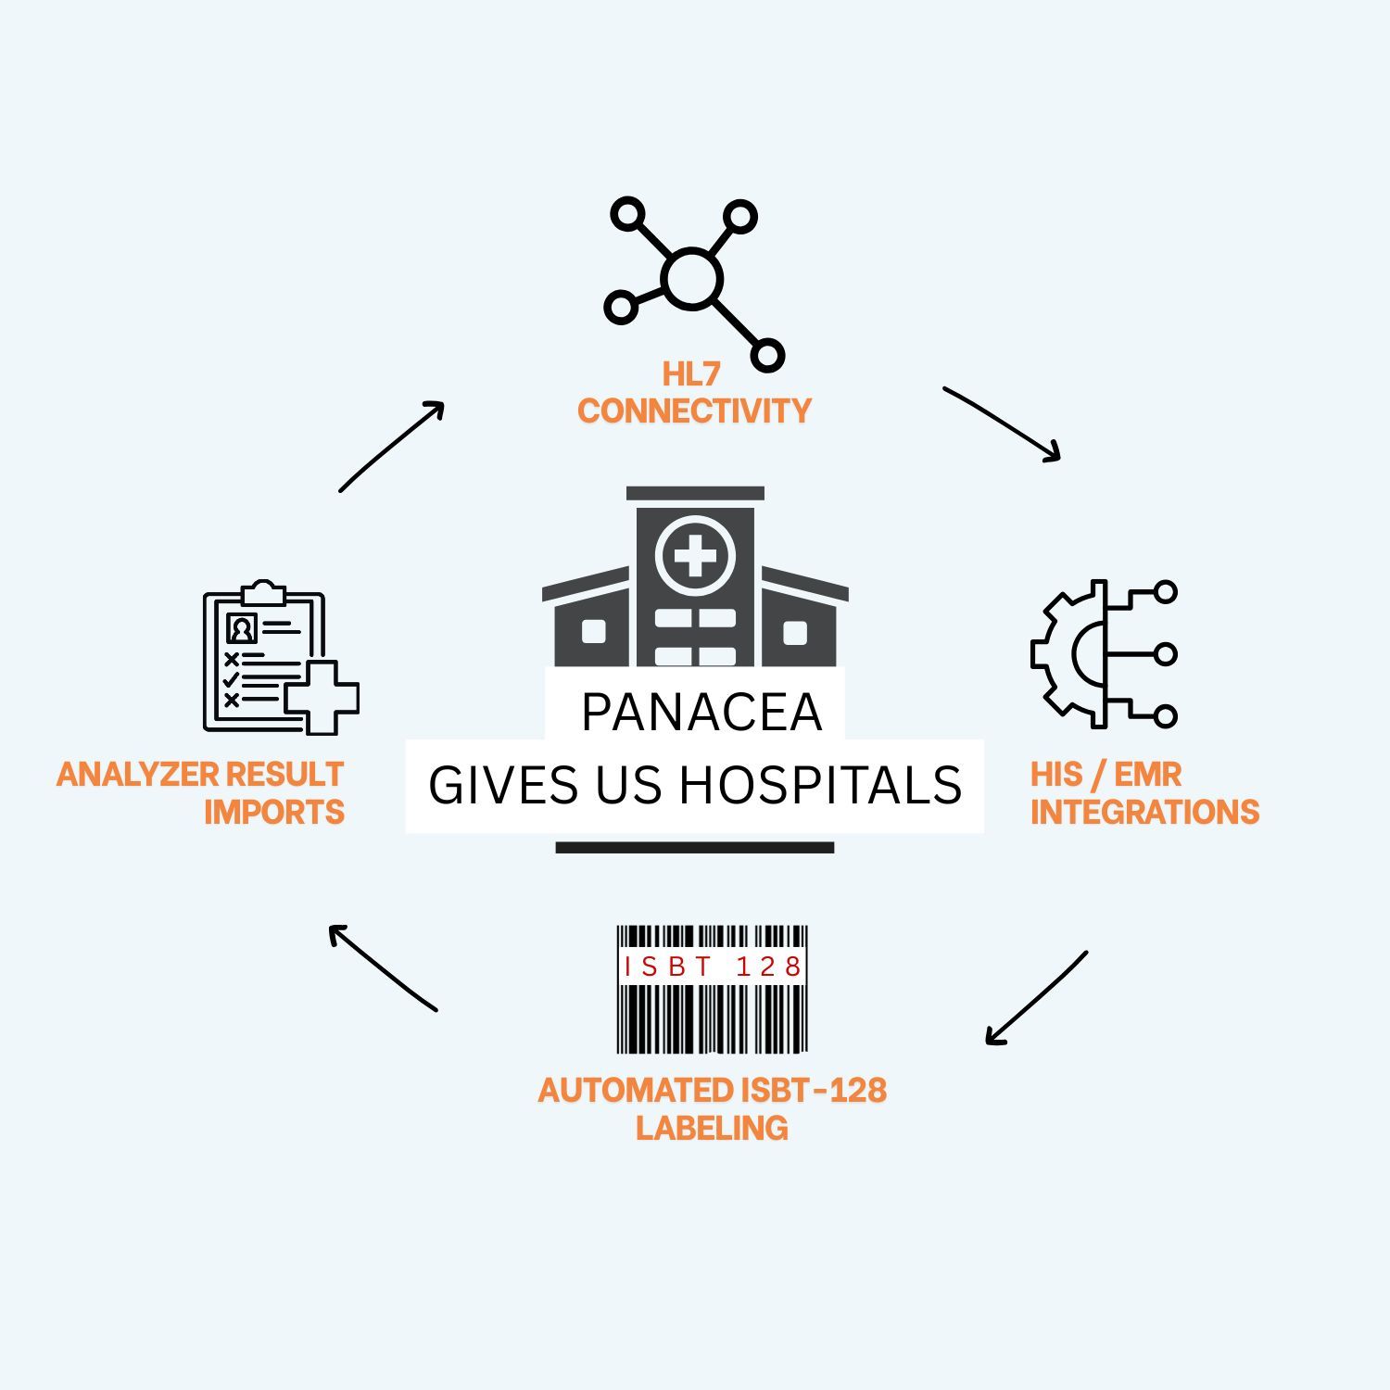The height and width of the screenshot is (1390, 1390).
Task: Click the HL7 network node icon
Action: (x=693, y=280)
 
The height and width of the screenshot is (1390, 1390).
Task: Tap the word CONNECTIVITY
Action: (x=694, y=411)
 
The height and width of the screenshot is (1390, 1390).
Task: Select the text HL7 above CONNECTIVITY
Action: (x=690, y=374)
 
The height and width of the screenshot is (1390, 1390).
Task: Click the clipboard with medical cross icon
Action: (x=278, y=658)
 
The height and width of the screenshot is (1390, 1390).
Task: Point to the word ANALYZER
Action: (x=137, y=774)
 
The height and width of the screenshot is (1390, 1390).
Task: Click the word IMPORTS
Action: (x=274, y=812)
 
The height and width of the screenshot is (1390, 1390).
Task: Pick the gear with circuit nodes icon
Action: (x=1103, y=654)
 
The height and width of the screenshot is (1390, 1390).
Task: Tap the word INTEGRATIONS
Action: (x=1144, y=812)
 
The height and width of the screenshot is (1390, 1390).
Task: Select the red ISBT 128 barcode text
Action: (x=712, y=967)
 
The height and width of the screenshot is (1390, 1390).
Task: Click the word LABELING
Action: (x=712, y=1128)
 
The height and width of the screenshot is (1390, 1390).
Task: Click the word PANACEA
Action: (x=701, y=712)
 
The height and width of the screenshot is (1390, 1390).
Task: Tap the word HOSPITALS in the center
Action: (x=821, y=785)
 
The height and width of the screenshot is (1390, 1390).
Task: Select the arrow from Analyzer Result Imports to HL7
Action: (x=392, y=446)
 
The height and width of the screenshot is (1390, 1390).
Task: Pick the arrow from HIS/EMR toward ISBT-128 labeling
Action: (x=1036, y=998)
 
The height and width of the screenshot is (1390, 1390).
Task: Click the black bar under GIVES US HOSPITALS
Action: (x=695, y=847)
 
